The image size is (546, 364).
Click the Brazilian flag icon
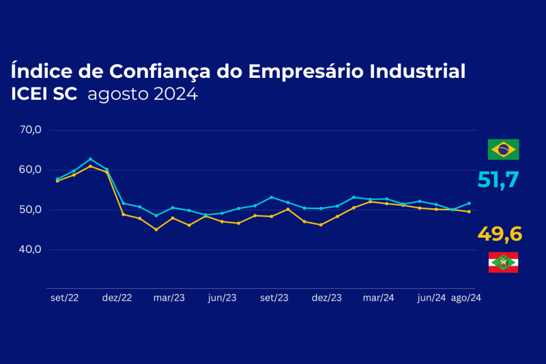coord(504,149)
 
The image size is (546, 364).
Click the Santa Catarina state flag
coord(504,262)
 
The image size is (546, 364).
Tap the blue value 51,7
coord(498,180)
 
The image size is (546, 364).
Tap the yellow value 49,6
coord(500,234)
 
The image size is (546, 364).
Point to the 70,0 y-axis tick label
coord(31,130)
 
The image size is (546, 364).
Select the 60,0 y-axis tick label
coord(31,169)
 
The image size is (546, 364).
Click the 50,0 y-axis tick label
coord(31,210)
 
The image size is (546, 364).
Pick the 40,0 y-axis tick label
coord(31,249)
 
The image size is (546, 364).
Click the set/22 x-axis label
coord(64,298)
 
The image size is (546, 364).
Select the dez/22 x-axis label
coord(117,298)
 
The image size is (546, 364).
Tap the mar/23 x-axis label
coord(169,298)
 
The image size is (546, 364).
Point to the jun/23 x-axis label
coord(222,298)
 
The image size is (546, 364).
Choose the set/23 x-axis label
coord(274,298)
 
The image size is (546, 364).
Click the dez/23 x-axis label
coord(326,298)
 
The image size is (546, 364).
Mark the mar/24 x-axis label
coord(378,298)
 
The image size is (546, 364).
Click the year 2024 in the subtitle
coord(175,94)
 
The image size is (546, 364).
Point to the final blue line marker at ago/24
coord(469,203)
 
